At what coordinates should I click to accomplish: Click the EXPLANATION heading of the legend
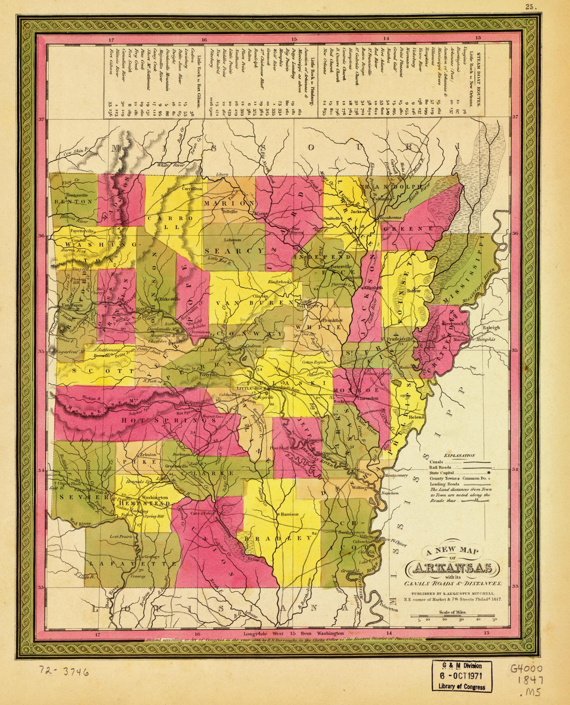pyautogui.click(x=460, y=455)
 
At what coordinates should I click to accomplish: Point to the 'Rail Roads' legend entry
pyautogui.click(x=441, y=467)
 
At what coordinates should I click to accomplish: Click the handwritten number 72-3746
pyautogui.click(x=63, y=672)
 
